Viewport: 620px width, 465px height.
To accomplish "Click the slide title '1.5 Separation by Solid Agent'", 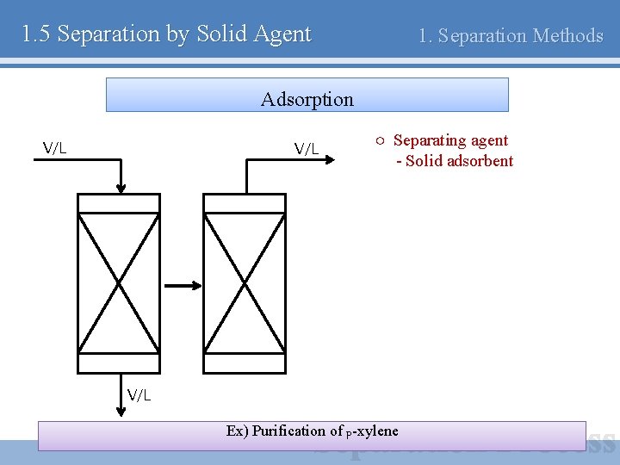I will click(x=166, y=34).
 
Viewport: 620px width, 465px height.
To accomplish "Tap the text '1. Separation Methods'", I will click(x=510, y=36).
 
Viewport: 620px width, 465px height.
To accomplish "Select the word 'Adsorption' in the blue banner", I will click(x=307, y=99).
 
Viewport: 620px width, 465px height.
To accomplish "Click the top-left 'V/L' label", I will click(x=55, y=147).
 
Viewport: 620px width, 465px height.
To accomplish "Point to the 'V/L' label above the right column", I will click(x=307, y=148).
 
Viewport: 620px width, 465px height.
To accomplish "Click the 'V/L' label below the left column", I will click(x=139, y=394).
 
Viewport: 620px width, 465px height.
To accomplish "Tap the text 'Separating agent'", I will click(x=450, y=140).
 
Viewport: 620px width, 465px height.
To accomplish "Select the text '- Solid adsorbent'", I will click(x=455, y=161).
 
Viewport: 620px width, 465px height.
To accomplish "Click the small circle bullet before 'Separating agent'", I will click(x=379, y=140).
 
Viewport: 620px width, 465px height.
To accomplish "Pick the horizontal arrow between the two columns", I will click(x=182, y=286).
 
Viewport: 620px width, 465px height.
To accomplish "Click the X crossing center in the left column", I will click(x=119, y=283).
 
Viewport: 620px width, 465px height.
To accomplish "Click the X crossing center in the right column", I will click(x=245, y=283).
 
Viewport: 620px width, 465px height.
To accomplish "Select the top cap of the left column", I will click(x=119, y=203).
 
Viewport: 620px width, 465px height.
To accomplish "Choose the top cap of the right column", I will click(x=245, y=203).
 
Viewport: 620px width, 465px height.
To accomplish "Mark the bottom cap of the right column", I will click(x=245, y=363).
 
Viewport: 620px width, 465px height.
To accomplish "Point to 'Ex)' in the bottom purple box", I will click(x=238, y=431).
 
